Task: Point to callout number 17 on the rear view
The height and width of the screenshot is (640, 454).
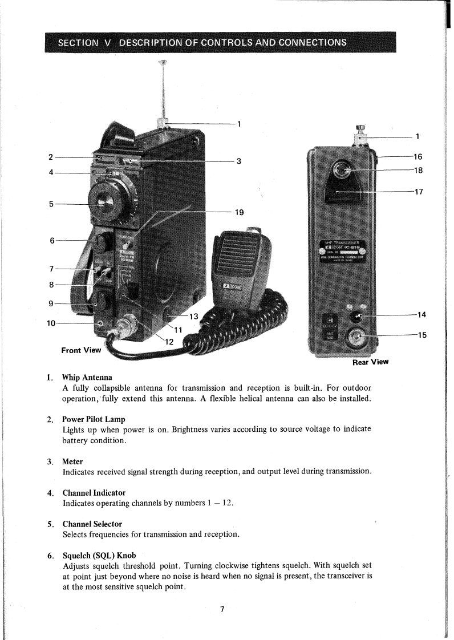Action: [x=419, y=192]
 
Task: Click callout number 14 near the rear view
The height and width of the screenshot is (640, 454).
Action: [x=422, y=314]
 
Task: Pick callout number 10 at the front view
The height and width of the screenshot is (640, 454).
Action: [x=51, y=323]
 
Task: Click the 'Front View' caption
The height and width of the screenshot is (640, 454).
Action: [x=80, y=350]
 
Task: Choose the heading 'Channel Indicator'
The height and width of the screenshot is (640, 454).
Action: [x=94, y=492]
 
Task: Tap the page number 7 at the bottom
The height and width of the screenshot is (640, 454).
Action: [x=222, y=610]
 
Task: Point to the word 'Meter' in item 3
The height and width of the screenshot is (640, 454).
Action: [x=73, y=461]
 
